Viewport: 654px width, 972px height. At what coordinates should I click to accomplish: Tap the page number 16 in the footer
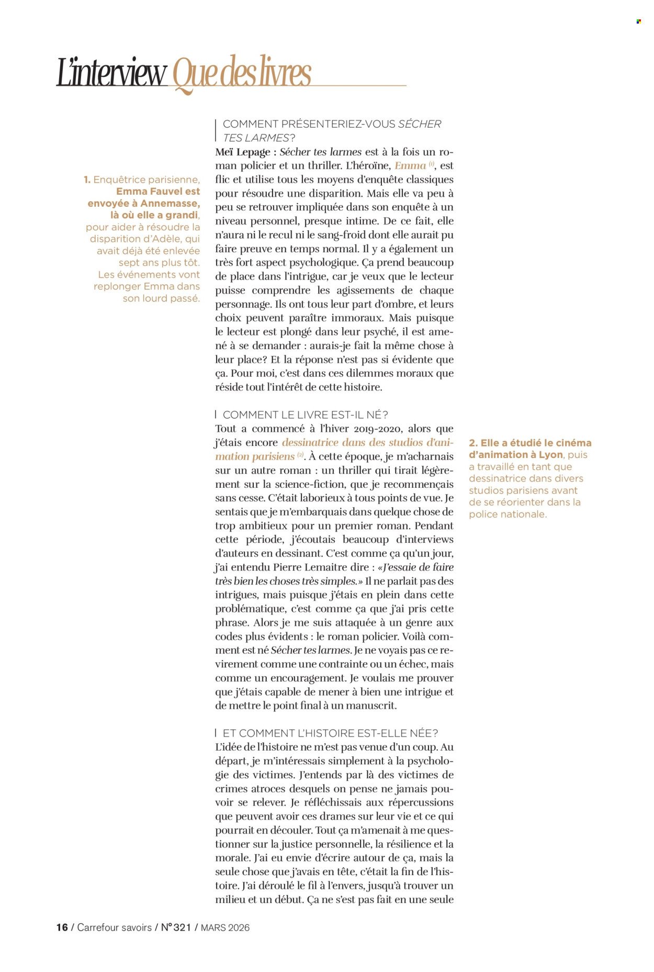[62, 928]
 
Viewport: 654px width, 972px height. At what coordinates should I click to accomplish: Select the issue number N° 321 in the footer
[176, 928]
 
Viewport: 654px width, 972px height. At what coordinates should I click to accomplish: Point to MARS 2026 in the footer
[225, 928]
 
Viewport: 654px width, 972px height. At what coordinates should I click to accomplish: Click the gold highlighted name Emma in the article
[410, 166]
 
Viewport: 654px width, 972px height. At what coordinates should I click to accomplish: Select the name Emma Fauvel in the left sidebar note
[157, 192]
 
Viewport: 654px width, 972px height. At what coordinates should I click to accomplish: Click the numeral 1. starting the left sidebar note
[87, 180]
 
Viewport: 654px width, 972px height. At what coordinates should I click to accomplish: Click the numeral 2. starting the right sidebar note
[473, 443]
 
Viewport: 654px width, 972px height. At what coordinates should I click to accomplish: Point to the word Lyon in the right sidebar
[550, 455]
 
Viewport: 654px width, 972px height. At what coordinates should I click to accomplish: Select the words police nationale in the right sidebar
[507, 514]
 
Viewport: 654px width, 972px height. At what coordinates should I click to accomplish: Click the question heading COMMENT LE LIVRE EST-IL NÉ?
[305, 415]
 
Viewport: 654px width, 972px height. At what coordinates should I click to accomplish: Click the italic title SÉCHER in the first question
[420, 124]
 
